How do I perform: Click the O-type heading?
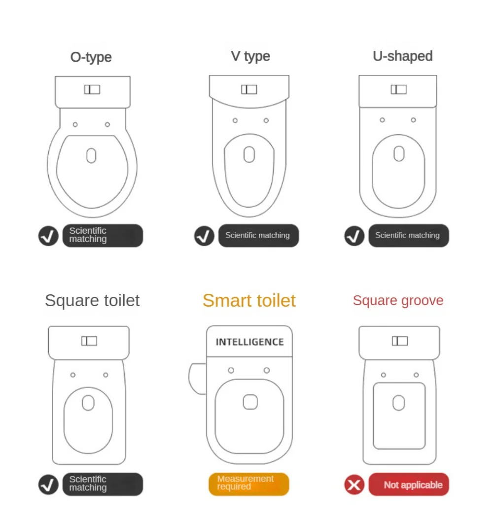[x=91, y=57]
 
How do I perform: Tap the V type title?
[x=250, y=56]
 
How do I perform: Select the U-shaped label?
[x=403, y=56]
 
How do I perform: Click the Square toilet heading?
[x=92, y=300]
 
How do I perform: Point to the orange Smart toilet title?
[x=249, y=300]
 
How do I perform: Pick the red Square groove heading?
[x=398, y=300]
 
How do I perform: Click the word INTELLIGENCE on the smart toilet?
[x=249, y=342]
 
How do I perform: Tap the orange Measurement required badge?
[x=248, y=484]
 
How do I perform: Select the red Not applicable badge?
[x=409, y=484]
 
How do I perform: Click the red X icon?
[x=354, y=485]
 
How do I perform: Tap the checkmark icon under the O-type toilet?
[x=48, y=236]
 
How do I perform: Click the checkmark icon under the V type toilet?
[x=204, y=236]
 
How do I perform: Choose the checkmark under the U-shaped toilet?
[x=354, y=236]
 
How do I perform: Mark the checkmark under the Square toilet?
[x=48, y=484]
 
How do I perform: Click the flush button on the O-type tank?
[x=92, y=89]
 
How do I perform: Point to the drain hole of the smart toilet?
[x=250, y=402]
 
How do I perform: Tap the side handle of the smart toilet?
[x=197, y=379]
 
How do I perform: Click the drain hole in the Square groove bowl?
[x=399, y=403]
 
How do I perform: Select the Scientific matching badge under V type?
[x=258, y=235]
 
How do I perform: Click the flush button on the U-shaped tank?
[x=398, y=89]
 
